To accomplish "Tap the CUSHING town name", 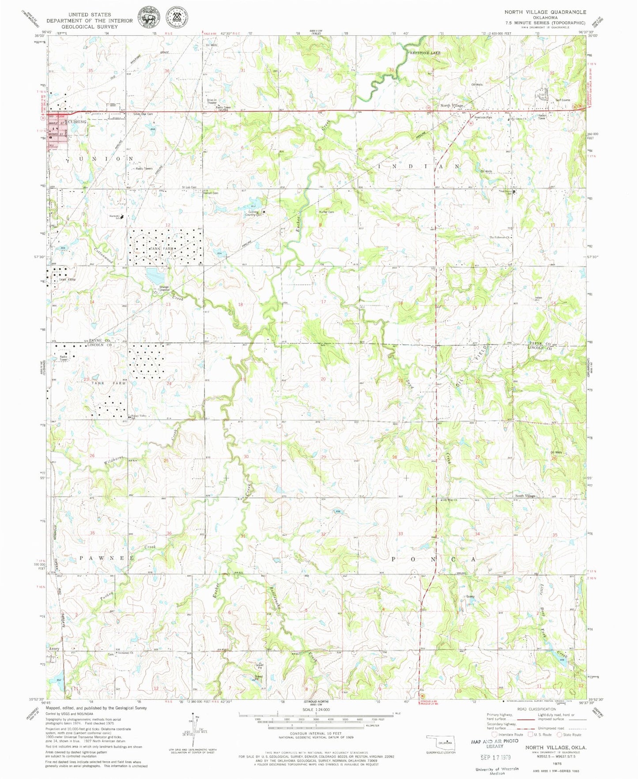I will tap(78, 121).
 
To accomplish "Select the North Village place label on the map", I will tap(451, 105).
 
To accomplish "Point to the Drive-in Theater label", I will tap(212, 101).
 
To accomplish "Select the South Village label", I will tap(525, 496).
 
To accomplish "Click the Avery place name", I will tap(54, 649).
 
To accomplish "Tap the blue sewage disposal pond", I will tap(155, 277).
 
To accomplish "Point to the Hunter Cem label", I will tap(326, 212).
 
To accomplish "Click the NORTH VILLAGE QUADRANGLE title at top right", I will tap(545, 12).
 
